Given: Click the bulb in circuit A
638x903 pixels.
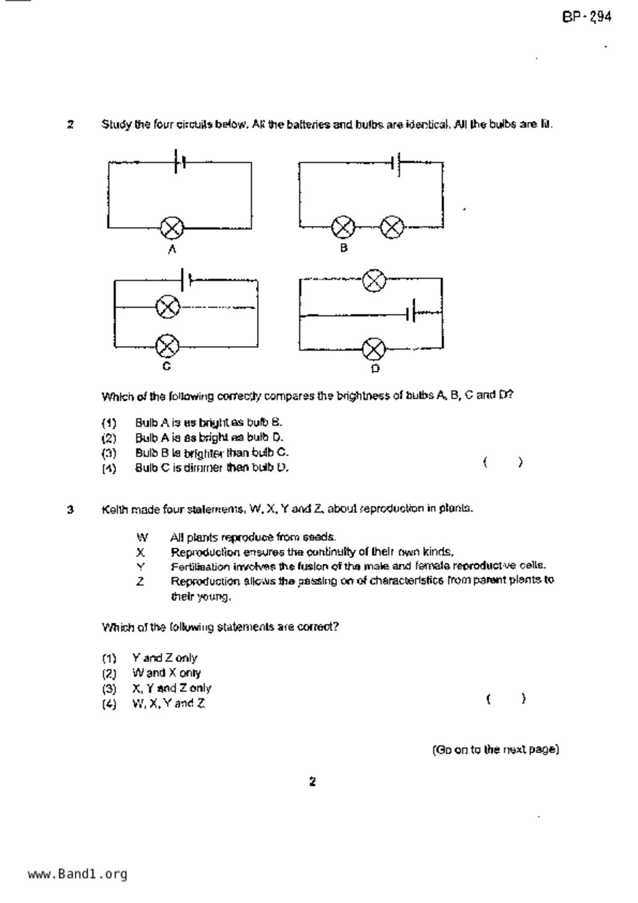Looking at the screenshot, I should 171,228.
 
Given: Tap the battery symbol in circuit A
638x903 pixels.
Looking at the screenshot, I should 180,162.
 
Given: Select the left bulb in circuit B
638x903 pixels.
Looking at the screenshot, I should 343,227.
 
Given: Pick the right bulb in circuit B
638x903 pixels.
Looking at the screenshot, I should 392,227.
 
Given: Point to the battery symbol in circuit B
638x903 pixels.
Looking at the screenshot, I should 396,163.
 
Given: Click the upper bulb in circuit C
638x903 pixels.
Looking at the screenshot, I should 168,307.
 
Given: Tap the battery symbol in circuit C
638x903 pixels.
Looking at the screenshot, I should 186,280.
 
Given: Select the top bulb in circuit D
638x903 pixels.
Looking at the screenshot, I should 374,280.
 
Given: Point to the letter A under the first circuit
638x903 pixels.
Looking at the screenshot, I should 173,250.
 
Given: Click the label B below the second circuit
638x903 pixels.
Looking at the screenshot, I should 344,248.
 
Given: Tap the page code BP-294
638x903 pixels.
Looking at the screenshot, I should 587,18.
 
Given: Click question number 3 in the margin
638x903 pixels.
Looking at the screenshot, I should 71,510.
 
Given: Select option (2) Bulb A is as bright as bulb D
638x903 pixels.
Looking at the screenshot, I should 209,438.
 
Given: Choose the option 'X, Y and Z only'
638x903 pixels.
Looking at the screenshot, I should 171,688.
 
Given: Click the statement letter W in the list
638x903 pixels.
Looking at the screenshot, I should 142,538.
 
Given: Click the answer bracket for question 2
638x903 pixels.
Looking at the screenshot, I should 503,462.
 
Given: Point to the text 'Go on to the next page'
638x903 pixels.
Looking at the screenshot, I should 495,750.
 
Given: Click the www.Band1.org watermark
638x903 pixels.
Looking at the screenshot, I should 78,874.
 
